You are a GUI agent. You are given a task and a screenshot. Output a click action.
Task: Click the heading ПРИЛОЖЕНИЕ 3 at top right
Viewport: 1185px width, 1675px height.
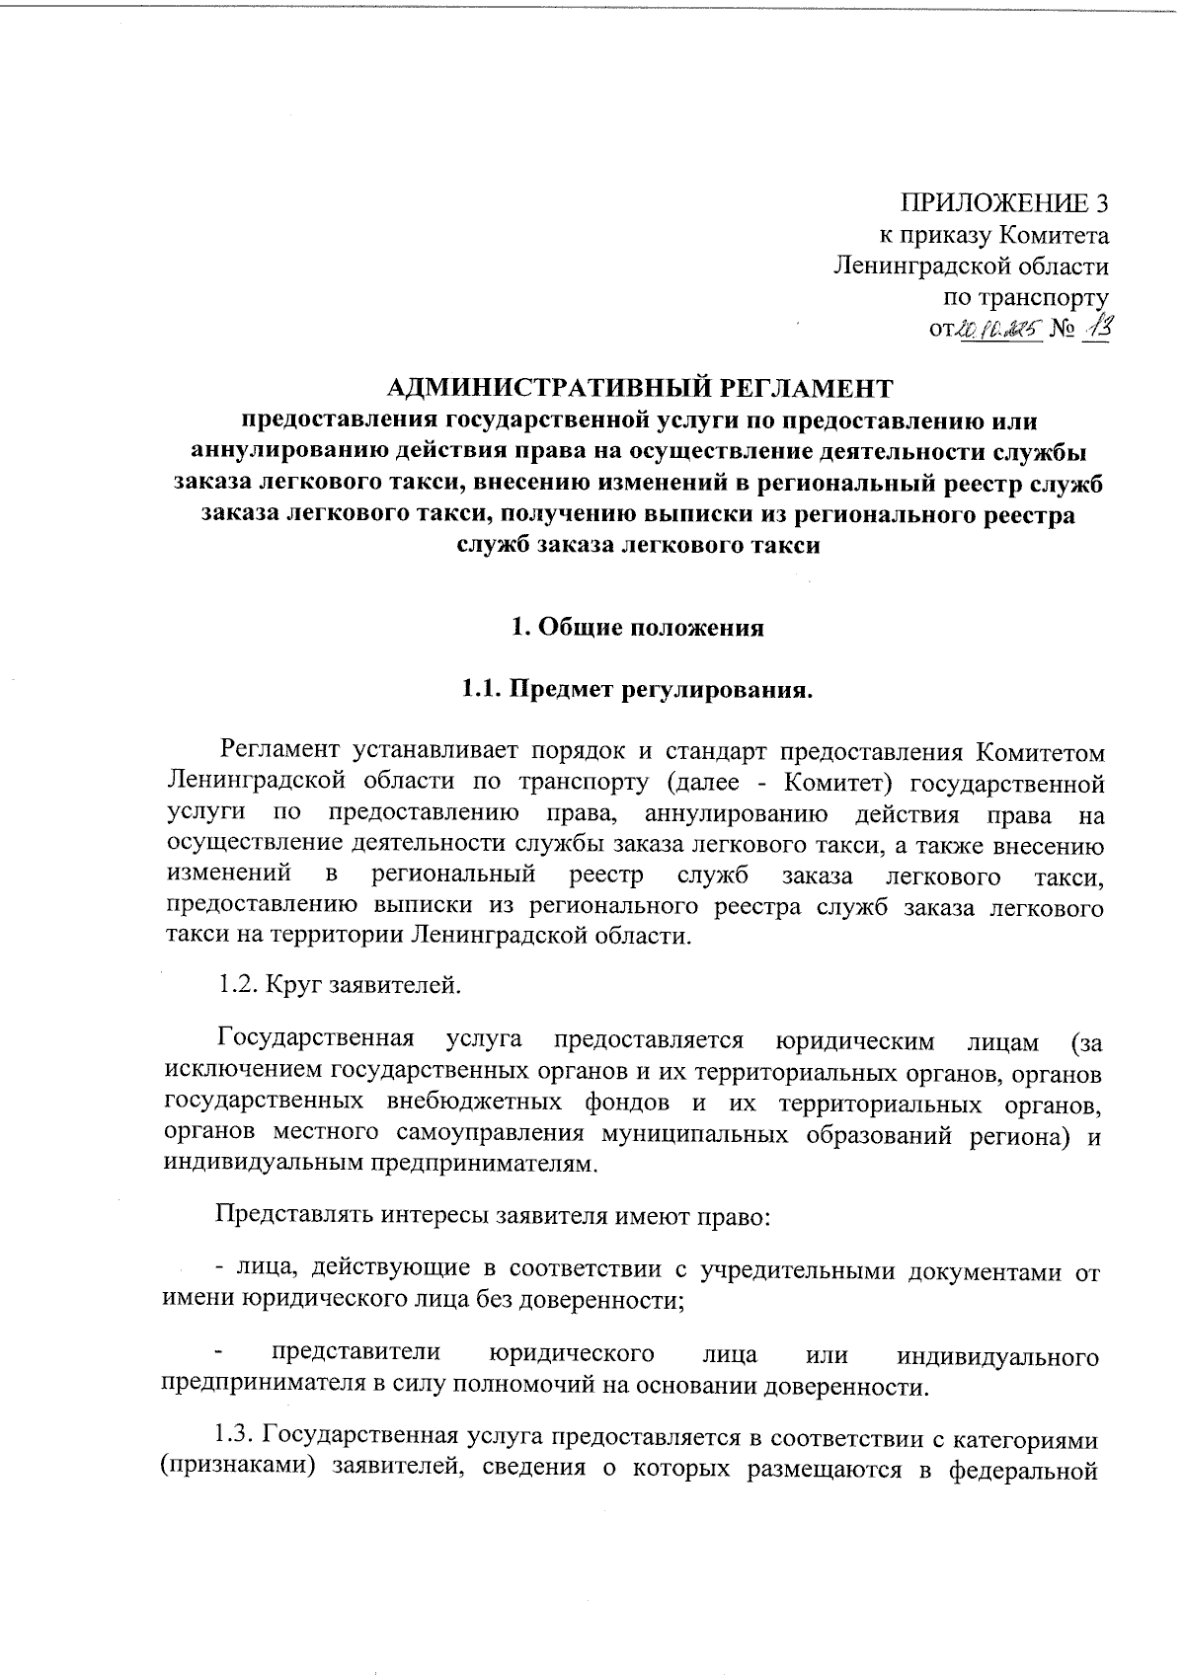1003,204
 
